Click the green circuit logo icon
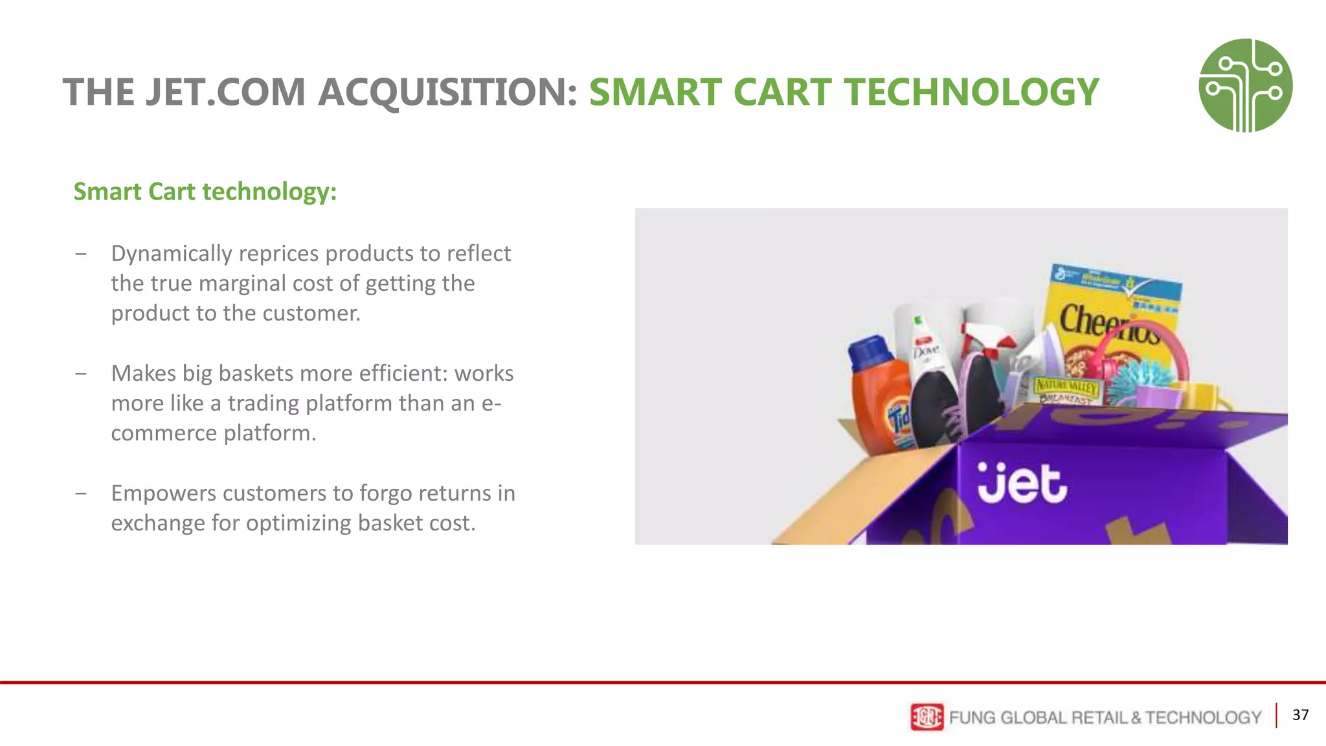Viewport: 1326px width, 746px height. click(1245, 85)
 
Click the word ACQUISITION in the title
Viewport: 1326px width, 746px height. click(447, 92)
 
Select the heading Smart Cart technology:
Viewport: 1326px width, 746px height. click(205, 192)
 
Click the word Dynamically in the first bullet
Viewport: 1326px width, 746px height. click(171, 253)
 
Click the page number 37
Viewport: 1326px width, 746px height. click(1300, 715)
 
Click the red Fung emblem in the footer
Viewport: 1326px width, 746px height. click(927, 717)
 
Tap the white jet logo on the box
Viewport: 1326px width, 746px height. click(1021, 482)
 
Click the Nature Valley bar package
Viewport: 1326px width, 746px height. click(1065, 390)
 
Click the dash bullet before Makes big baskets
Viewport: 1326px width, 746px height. click(81, 374)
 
